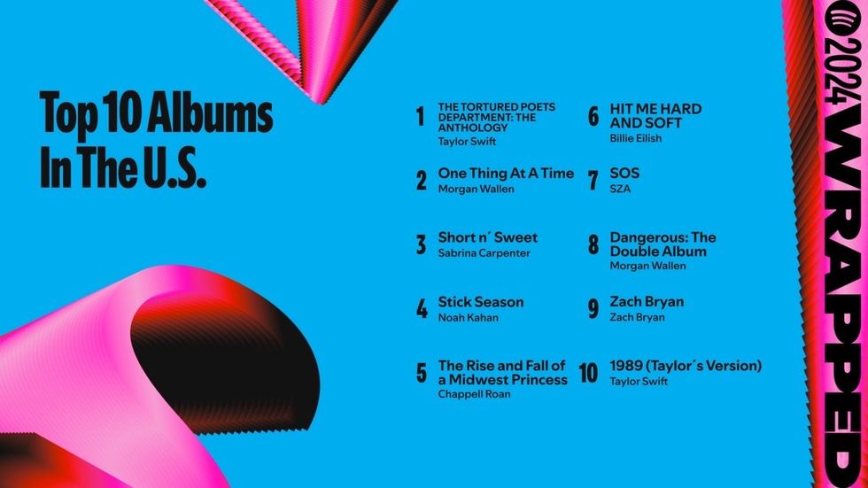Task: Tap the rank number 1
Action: (x=421, y=117)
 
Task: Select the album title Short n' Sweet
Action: (x=487, y=237)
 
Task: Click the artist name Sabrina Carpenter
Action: (x=484, y=253)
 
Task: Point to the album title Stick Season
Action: (x=480, y=302)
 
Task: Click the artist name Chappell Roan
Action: (x=474, y=394)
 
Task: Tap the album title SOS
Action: (x=624, y=174)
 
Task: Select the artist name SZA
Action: (x=620, y=189)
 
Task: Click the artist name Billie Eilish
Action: (x=635, y=138)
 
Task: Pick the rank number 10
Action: (x=589, y=373)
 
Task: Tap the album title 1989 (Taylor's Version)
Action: (x=686, y=366)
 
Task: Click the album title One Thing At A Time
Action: (x=506, y=174)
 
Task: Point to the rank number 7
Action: (x=593, y=181)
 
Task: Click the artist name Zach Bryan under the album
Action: (x=637, y=317)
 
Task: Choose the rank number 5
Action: (x=422, y=373)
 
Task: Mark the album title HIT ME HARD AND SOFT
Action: (x=655, y=116)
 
